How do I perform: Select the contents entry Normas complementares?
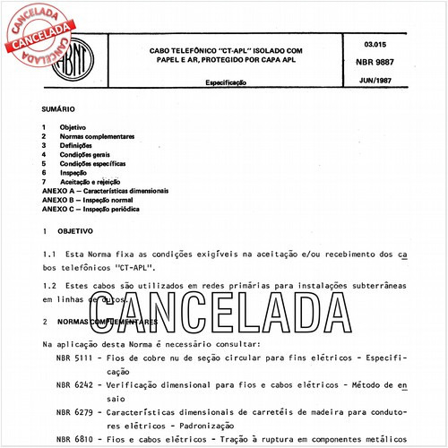pyautogui.click(x=96, y=136)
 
